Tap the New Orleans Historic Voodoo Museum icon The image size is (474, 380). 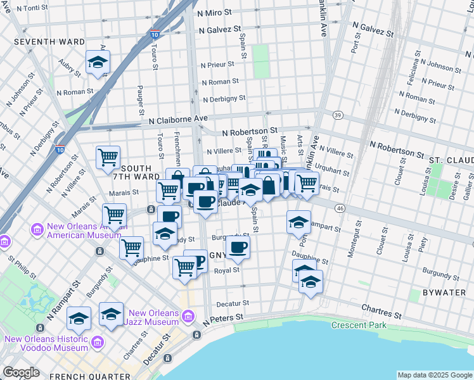point(97,343)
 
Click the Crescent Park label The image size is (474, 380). point(358,325)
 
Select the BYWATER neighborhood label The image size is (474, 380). point(428,293)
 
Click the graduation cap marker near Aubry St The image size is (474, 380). point(98,62)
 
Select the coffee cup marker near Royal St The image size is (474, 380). point(238,247)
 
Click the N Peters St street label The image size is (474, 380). point(223,317)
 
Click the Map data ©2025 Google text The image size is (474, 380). point(435,375)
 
